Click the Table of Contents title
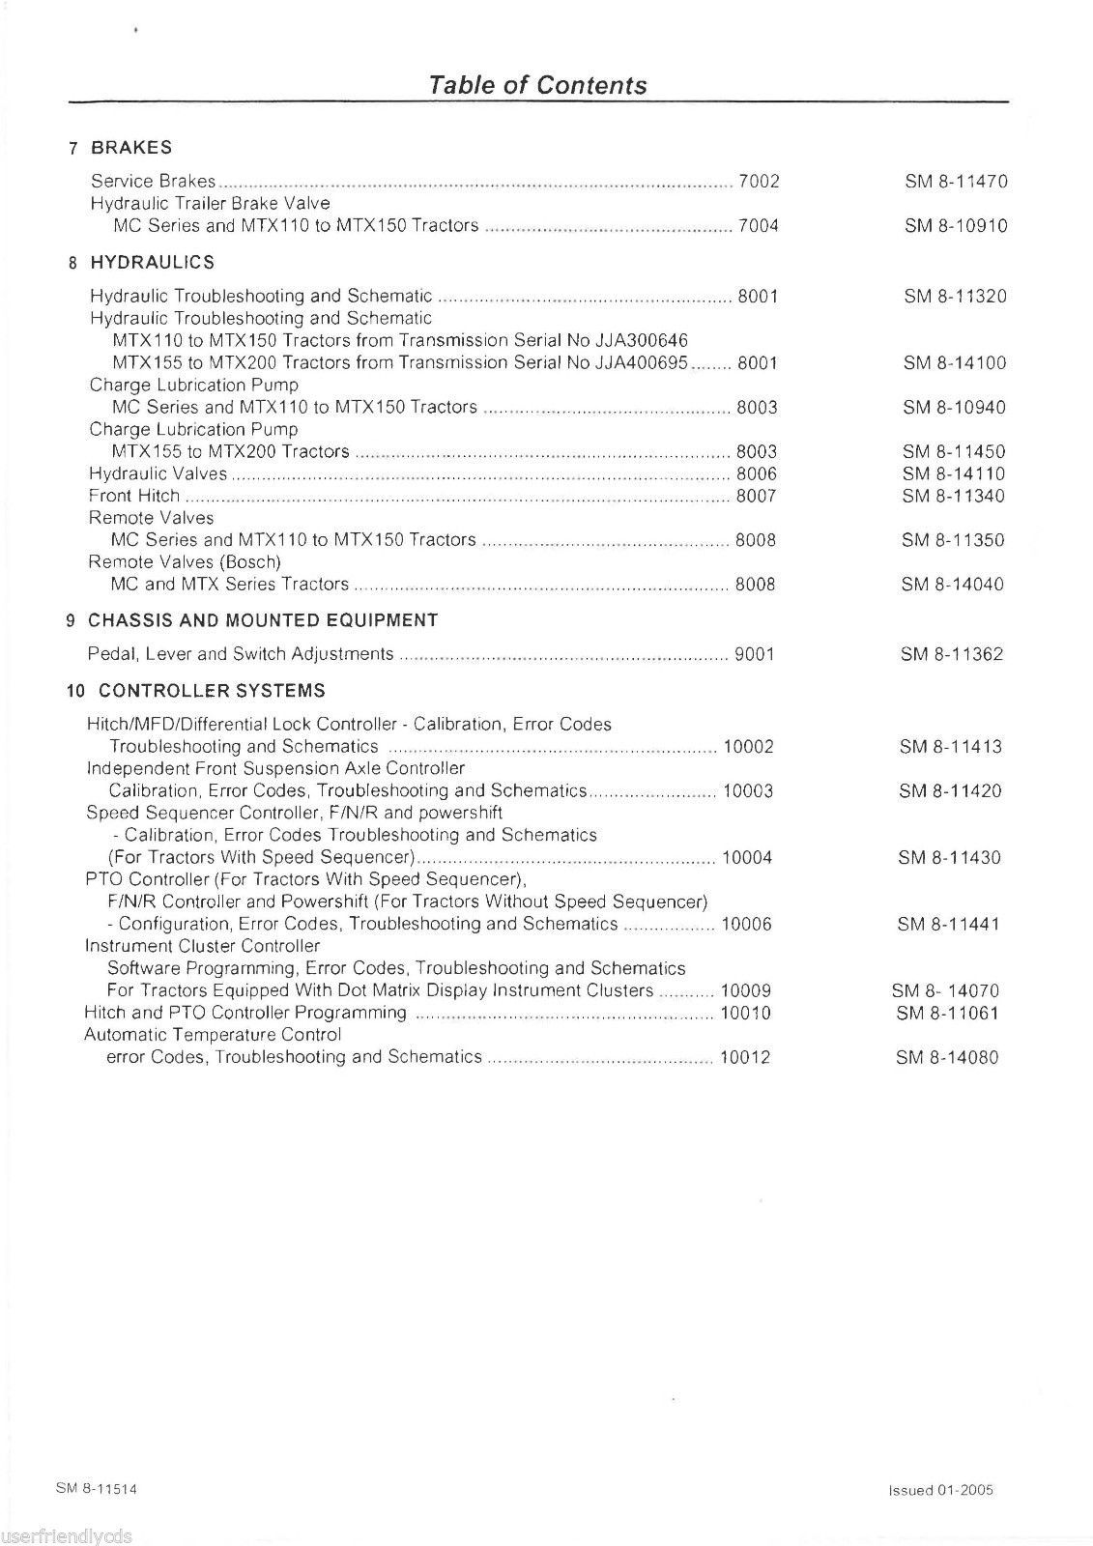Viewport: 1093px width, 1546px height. [537, 85]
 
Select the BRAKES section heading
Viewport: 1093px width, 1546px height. [131, 148]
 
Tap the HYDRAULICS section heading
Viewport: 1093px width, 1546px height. [152, 263]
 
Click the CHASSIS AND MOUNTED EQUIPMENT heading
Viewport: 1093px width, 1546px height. [262, 620]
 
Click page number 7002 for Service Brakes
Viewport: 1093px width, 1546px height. [759, 182]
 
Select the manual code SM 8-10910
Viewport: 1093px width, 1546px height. [956, 226]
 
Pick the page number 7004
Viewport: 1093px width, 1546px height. [759, 226]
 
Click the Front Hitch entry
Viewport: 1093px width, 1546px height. [134, 496]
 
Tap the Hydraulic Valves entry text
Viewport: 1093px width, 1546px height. [158, 473]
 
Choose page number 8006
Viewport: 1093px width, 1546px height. [757, 473]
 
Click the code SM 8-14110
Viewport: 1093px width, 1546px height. [954, 473]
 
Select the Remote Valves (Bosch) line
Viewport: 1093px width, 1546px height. [185, 561]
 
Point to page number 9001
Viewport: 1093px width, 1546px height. [755, 654]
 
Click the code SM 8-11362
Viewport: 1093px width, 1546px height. [952, 654]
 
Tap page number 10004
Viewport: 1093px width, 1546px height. [747, 857]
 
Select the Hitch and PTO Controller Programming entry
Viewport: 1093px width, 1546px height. [245, 1013]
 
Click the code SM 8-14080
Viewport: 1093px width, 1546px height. [947, 1057]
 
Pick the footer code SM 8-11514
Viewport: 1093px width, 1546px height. [96, 1489]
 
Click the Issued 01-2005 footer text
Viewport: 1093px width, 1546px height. [940, 1490]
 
